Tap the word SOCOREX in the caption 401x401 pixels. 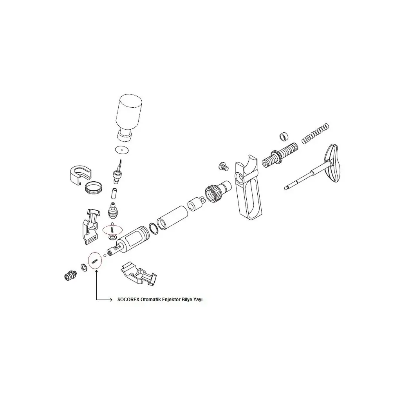tap(128, 300)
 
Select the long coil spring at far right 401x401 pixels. tap(315, 133)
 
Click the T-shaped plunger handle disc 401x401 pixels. tap(333, 163)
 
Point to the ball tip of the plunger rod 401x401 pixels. tap(285, 188)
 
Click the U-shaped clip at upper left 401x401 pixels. tap(80, 175)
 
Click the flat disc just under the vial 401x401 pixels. tap(122, 150)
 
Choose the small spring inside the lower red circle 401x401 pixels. tap(95, 261)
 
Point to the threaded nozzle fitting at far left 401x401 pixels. tap(70, 275)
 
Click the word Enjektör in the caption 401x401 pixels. tap(172, 300)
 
